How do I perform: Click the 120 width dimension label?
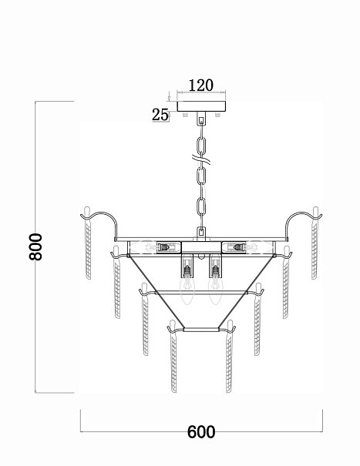tap(201, 85)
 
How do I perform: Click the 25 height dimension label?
tap(160, 115)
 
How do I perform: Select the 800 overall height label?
tap(36, 247)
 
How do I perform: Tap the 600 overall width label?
tap(201, 432)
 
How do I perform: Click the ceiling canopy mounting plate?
tap(201, 106)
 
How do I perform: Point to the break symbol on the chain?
tap(201, 160)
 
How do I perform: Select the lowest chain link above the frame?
tap(201, 206)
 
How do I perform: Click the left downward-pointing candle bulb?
tap(187, 290)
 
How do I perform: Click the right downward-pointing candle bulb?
tap(215, 290)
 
